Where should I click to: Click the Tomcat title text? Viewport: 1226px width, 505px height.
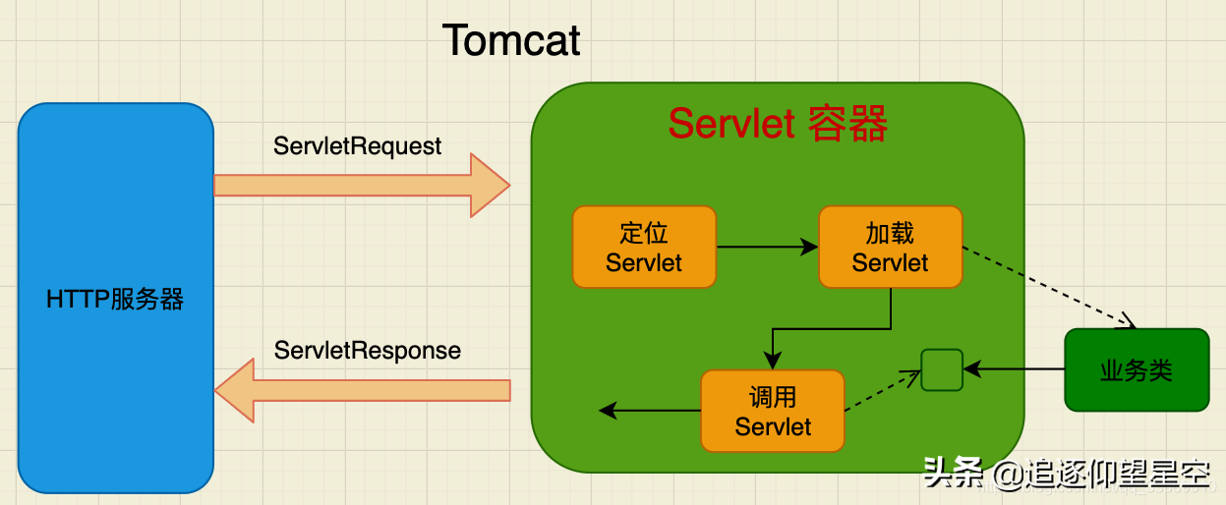pos(511,41)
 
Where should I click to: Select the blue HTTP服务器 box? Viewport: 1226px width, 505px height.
pos(115,298)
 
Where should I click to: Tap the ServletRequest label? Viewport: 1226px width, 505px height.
pos(358,146)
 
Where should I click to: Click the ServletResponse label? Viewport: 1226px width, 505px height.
pos(367,351)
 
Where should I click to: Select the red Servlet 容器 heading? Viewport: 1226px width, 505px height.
pos(778,125)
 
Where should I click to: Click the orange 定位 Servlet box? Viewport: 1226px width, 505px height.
pos(644,247)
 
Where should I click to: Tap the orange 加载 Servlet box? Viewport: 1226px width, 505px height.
pos(890,247)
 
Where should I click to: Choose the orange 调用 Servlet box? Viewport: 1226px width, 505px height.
pos(773,411)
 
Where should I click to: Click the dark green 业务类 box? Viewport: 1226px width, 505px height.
pos(1137,369)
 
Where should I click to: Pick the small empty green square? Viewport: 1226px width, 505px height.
pos(941,368)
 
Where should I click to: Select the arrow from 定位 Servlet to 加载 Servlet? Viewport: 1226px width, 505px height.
pos(767,247)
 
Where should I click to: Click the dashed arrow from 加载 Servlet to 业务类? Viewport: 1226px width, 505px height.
pos(1047,285)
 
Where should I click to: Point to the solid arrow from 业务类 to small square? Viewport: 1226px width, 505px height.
pos(1014,369)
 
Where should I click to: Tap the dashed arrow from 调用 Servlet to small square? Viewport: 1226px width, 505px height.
pos(882,390)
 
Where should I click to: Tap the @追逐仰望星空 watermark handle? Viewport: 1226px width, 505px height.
pos(1101,477)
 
